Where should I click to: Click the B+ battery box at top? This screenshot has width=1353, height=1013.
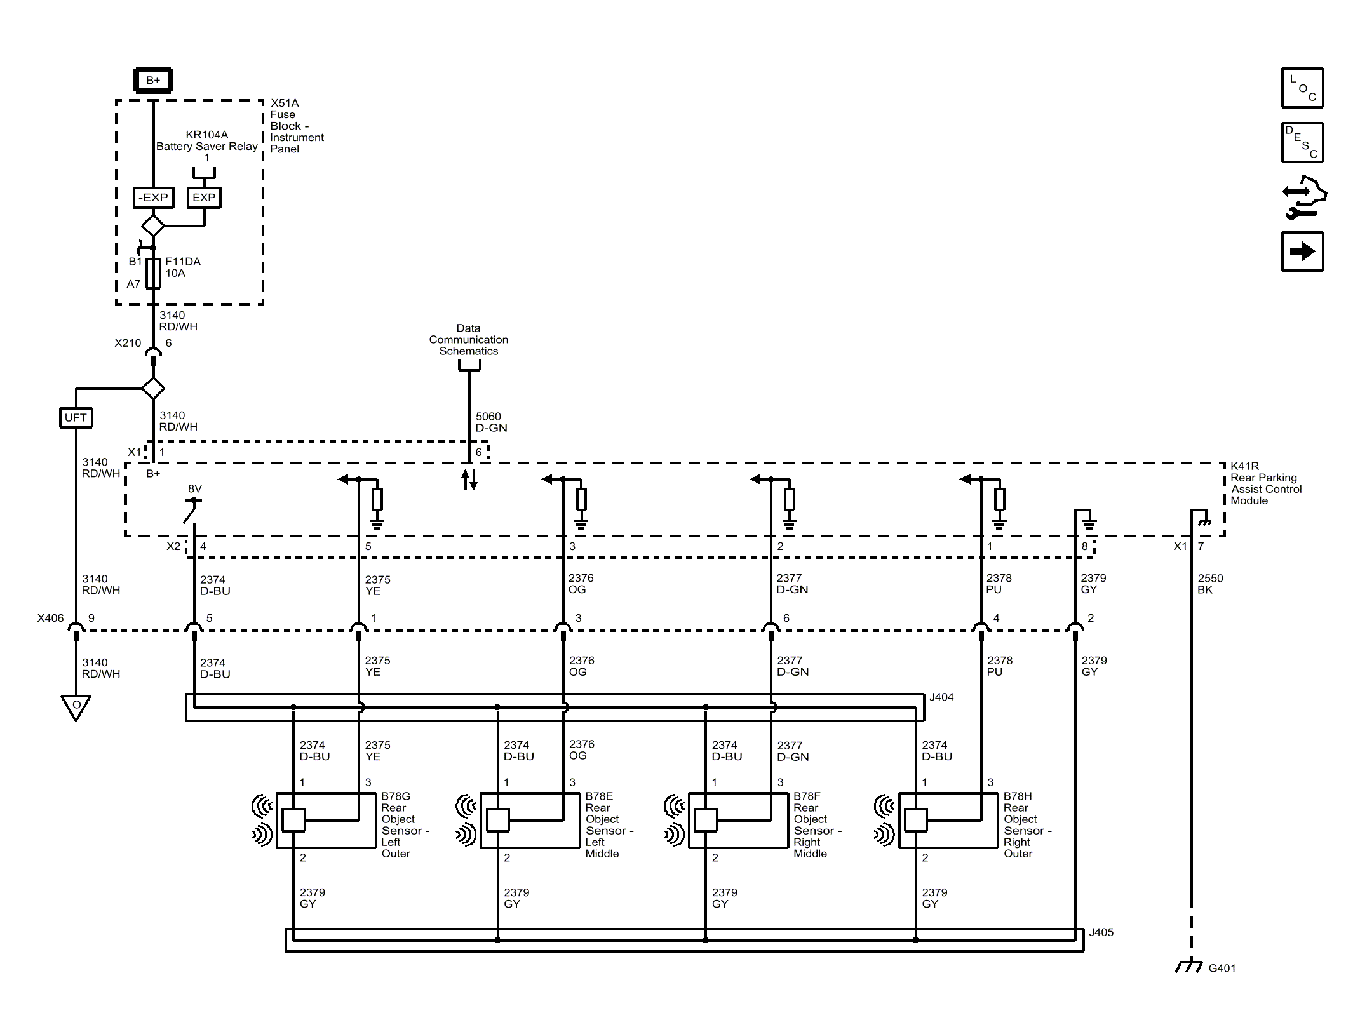[x=153, y=81]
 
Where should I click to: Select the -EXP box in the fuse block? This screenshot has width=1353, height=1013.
[x=153, y=198]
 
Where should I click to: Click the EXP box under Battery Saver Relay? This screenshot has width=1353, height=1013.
[x=204, y=198]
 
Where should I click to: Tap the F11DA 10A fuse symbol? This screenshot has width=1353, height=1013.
[x=153, y=274]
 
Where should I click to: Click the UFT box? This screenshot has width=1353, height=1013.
[x=76, y=417]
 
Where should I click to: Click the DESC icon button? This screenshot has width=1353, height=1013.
[x=1302, y=143]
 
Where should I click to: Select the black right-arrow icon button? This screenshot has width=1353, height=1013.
[x=1302, y=252]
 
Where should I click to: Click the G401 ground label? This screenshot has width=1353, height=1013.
[x=1222, y=969]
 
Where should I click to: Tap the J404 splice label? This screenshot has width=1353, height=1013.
[x=941, y=697]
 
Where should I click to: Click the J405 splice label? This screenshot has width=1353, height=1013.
[x=1101, y=932]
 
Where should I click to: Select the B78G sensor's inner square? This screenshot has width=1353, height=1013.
[x=293, y=820]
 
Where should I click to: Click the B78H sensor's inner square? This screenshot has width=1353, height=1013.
[x=915, y=820]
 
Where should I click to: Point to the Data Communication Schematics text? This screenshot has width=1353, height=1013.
[x=468, y=340]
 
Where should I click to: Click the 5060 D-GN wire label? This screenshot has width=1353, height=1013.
[x=491, y=422]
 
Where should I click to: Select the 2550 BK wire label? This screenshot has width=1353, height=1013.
[x=1210, y=584]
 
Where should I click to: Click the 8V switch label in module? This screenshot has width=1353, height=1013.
[x=194, y=489]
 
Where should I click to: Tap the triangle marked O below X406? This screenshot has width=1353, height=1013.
[x=76, y=706]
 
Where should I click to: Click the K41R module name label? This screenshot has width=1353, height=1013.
[x=1265, y=483]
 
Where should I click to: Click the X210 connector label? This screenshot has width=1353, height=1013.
[x=128, y=343]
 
